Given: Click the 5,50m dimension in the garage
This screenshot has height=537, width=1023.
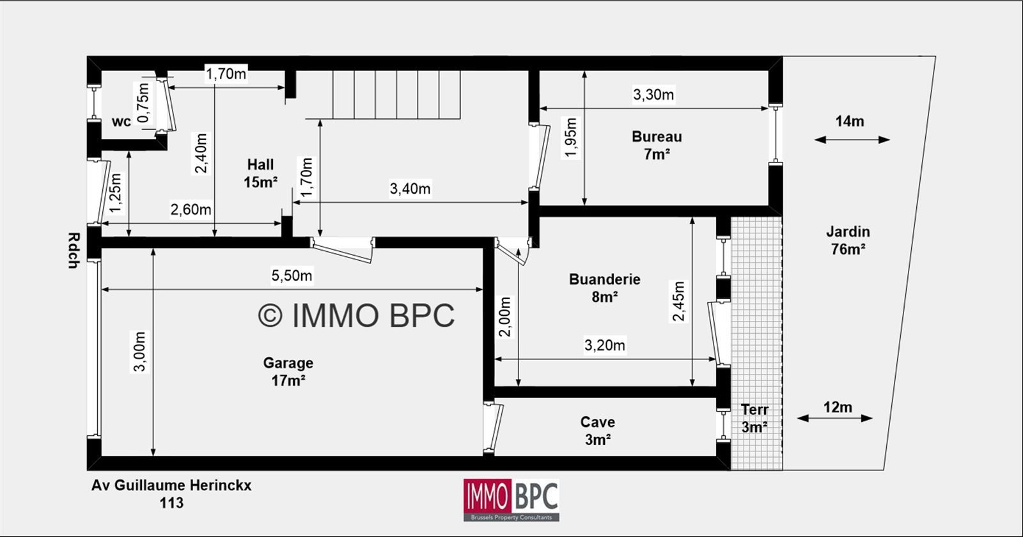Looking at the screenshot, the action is tap(292, 276).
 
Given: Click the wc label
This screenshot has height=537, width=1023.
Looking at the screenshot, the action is tap(121, 121).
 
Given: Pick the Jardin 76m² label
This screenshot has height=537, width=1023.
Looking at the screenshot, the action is tap(848, 240).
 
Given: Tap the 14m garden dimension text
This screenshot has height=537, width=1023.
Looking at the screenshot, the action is tap(850, 121).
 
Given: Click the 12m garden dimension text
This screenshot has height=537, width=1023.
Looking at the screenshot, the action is tap(838, 407).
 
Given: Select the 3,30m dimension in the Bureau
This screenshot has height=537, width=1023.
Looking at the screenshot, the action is tap(653, 95).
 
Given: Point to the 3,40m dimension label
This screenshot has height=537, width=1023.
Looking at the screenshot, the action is tap(410, 188).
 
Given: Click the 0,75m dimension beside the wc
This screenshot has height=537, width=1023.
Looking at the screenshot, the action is tap(143, 103).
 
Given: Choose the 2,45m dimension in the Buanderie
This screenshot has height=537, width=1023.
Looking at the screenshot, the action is tap(678, 301).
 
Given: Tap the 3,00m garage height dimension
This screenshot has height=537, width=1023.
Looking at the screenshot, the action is tap(140, 352).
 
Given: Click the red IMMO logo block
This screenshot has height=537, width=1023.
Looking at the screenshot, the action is tap(487, 496).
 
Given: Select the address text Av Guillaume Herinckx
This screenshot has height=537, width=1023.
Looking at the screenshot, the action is tap(171, 485).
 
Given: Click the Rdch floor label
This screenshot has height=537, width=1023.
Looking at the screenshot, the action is tap(74, 251).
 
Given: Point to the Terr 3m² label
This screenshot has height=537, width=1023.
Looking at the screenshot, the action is tap(754, 418).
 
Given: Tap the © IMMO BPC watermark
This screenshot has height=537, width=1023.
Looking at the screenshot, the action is tap(356, 315).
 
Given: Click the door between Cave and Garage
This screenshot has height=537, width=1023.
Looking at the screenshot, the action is tap(493, 428).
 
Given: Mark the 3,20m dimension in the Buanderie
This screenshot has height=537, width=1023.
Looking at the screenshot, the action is tap(605, 345).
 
